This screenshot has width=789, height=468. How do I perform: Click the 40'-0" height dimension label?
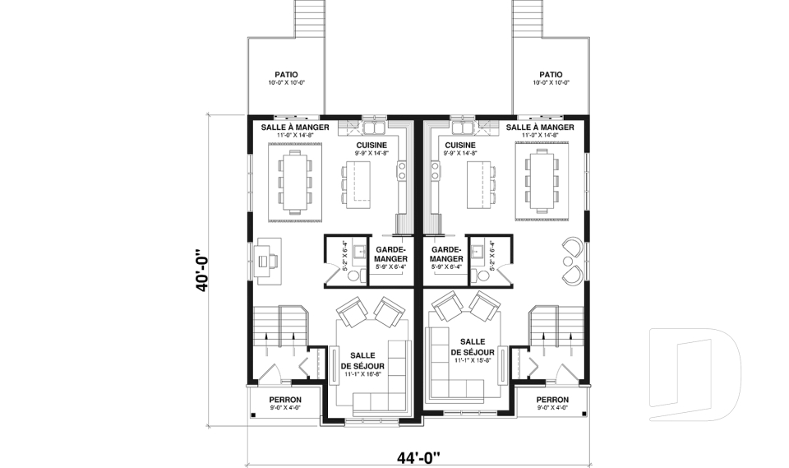203,268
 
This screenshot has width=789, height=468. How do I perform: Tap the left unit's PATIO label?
286,75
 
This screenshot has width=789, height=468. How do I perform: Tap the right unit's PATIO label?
551,75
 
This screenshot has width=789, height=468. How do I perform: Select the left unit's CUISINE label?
372,145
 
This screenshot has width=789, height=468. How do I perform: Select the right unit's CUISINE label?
460,145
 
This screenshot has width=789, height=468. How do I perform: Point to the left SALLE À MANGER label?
295,127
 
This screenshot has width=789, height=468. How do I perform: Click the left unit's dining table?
294,180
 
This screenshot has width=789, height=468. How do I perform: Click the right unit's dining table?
541,180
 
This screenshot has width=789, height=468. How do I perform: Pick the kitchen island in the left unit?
358,184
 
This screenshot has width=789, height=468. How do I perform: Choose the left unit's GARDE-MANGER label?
391,254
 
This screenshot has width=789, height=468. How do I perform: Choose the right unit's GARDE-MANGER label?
446,254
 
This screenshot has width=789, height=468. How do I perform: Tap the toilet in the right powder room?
482,275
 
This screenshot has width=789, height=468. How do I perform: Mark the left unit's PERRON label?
285,400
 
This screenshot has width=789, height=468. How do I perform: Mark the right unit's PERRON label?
552,400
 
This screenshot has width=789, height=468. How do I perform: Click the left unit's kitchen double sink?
373,128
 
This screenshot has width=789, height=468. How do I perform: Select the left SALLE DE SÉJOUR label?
365,361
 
